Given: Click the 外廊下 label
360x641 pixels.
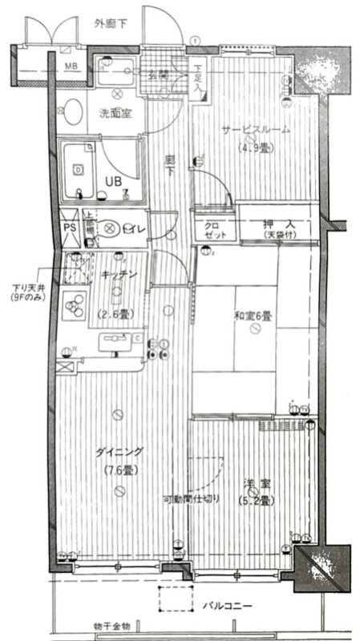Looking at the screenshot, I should point(110,24).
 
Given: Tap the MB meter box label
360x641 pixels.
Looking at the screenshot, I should point(71,66).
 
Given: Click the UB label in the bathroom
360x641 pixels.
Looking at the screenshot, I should point(113,179).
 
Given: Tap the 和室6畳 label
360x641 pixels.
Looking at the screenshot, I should point(252,316).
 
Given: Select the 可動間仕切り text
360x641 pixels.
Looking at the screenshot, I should point(192,499).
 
